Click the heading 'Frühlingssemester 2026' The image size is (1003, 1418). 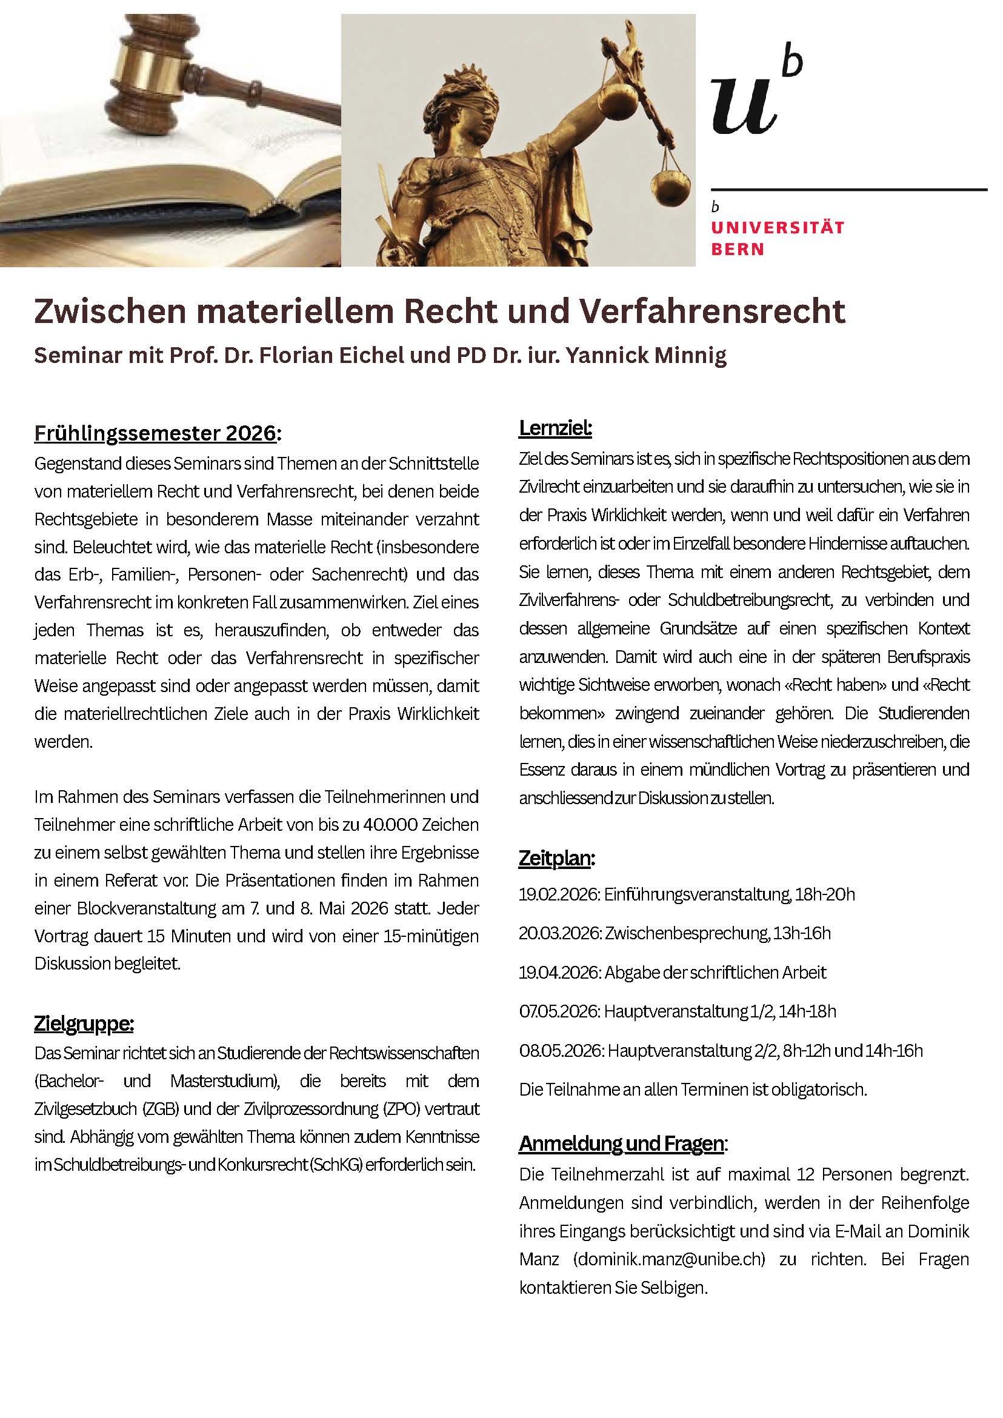coord(155,433)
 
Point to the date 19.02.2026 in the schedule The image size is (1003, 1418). coord(558,894)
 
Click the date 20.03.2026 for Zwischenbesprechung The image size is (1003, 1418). coord(558,933)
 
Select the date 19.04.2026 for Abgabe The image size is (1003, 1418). coord(558,973)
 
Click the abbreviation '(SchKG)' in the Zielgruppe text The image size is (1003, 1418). coord(336,1165)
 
